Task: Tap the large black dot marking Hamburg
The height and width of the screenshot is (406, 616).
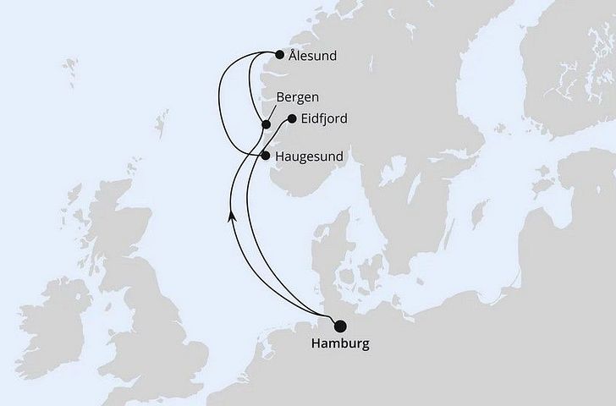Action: [340, 326]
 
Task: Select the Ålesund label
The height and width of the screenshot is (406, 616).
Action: [312, 57]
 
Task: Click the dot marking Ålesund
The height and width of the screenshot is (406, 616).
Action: [280, 55]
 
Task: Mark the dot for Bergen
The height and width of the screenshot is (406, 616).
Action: [266, 125]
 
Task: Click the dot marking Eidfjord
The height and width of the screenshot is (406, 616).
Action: [292, 119]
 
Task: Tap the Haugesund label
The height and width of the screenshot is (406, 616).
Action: [310, 156]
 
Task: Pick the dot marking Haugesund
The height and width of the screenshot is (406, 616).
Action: [266, 156]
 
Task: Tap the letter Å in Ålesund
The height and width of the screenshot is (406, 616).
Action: [292, 56]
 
